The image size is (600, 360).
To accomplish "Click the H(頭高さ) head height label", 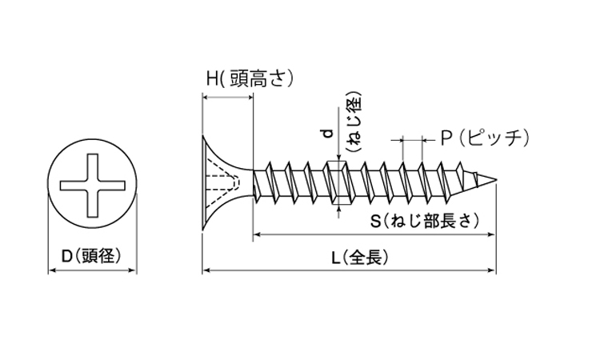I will pos(250,78).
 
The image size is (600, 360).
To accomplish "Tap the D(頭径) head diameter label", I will pos(90,256).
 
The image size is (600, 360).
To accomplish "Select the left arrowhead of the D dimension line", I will pos(53,271).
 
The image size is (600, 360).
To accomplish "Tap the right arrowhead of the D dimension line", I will pos(129,271).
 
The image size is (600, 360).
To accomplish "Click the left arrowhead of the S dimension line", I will pos(257,235).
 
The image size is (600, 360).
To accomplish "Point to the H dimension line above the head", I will pos(227,97).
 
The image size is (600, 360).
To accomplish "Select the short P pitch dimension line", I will pos(412,138).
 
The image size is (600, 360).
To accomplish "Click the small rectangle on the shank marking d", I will pos(336,183).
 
